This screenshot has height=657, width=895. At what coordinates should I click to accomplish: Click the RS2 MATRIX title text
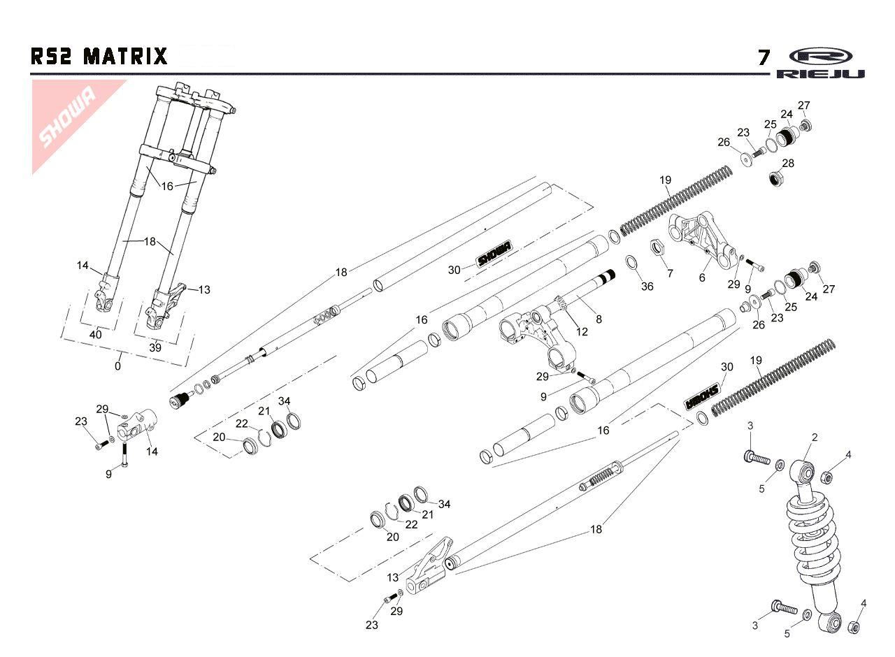point(99,57)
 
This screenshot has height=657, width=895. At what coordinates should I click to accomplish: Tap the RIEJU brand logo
point(821,63)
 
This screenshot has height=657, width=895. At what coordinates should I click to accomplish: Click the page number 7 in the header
point(764,57)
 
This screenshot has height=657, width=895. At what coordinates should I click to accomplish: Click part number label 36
point(647,287)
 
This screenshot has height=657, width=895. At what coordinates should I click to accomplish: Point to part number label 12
point(582,332)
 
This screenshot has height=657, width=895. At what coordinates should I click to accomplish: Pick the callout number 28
point(788,163)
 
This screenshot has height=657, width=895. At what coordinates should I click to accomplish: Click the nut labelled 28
point(775,179)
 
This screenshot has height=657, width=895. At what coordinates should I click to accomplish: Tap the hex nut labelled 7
point(657,248)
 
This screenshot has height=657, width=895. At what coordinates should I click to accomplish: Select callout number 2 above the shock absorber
point(815,438)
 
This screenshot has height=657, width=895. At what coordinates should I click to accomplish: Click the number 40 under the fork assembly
point(95,334)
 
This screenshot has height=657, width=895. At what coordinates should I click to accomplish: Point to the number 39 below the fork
point(155,347)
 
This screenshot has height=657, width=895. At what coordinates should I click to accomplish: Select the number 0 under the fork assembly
point(117,366)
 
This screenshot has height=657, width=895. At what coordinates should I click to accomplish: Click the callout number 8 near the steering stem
point(599,319)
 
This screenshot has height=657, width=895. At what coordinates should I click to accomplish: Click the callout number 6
point(702,277)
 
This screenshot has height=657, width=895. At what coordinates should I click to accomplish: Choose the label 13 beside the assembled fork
point(204,289)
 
